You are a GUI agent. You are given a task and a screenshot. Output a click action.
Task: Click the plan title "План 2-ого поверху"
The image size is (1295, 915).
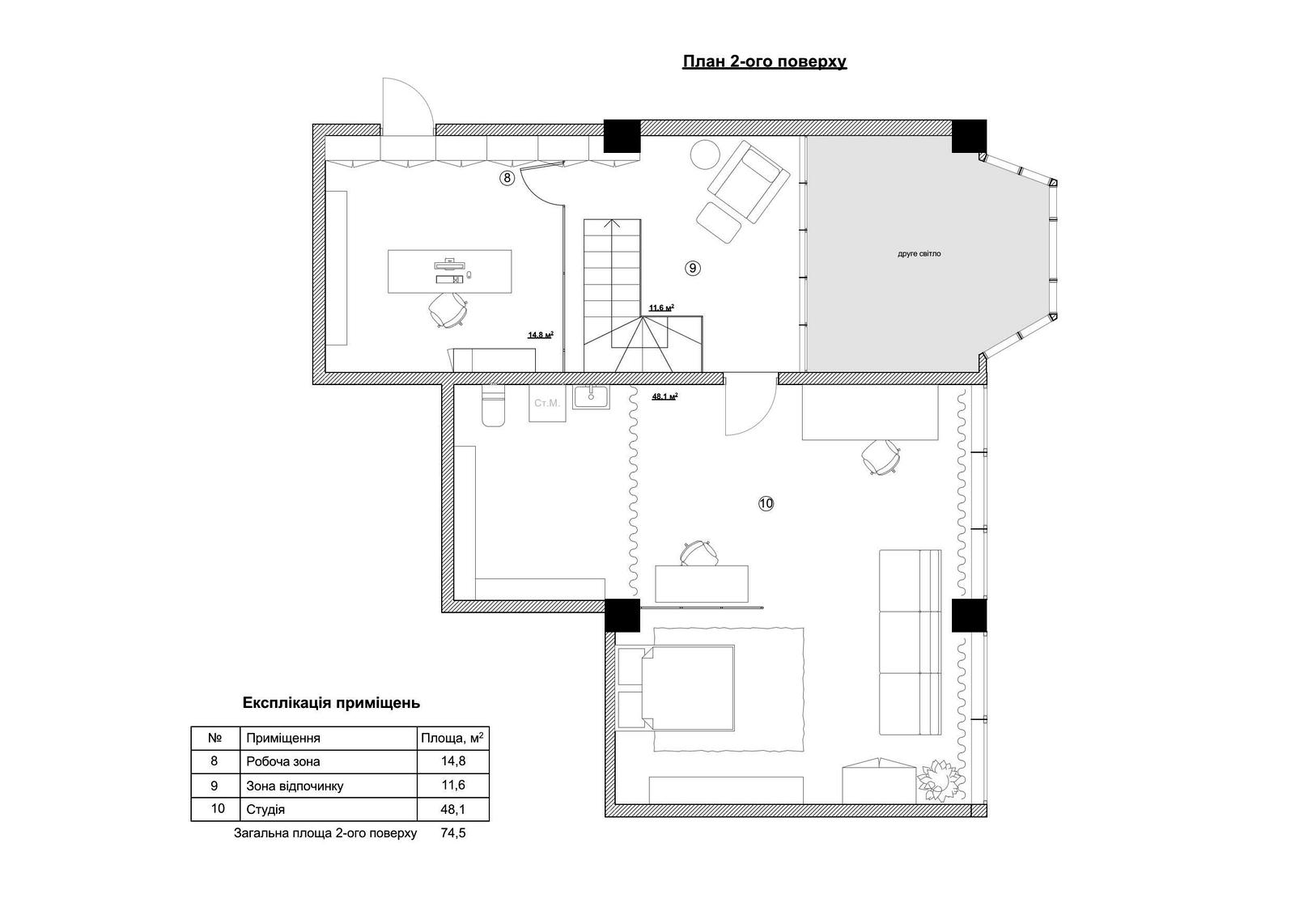pyautogui.click(x=764, y=61)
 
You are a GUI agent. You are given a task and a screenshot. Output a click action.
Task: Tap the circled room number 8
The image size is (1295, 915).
pyautogui.click(x=507, y=178)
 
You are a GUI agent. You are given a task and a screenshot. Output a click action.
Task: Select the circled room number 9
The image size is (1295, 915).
pyautogui.click(x=693, y=269)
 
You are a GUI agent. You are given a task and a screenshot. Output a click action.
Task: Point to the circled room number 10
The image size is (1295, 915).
pyautogui.click(x=766, y=503)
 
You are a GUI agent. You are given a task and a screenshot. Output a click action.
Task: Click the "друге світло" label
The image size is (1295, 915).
pyautogui.click(x=919, y=254)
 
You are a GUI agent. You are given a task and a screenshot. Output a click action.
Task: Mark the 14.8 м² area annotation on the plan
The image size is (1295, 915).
pyautogui.click(x=541, y=335)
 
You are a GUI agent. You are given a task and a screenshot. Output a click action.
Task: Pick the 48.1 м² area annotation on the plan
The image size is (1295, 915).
pyautogui.click(x=664, y=396)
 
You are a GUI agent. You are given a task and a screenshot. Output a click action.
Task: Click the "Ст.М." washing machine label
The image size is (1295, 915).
pyautogui.click(x=547, y=403)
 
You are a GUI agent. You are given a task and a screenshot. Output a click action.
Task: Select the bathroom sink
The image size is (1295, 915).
pyautogui.click(x=590, y=397)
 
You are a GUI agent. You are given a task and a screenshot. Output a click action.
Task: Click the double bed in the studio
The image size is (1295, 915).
pyautogui.click(x=675, y=688)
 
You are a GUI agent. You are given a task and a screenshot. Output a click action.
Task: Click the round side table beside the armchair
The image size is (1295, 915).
pyautogui.click(x=705, y=155)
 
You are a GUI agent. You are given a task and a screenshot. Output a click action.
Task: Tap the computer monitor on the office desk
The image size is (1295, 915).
pyautogui.click(x=449, y=265)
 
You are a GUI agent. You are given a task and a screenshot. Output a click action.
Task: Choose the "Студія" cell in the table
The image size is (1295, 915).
pyautogui.click(x=266, y=809)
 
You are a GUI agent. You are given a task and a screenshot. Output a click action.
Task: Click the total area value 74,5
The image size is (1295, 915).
pyautogui.click(x=453, y=833)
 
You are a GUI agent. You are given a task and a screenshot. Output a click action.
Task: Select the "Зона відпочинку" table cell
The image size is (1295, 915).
pyautogui.click(x=295, y=786)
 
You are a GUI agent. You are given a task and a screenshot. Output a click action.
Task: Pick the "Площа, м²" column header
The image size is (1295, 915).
pyautogui.click(x=452, y=738)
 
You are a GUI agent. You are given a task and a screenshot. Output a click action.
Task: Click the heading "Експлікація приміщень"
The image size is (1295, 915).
pyautogui.click(x=331, y=703)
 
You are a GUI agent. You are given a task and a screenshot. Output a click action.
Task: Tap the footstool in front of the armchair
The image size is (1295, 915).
pyautogui.click(x=719, y=222)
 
